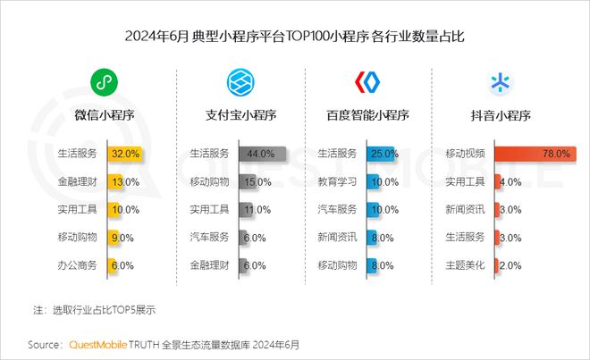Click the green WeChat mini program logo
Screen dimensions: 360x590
(105, 83)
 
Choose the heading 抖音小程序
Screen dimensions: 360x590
(501, 115)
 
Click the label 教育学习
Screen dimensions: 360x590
(337, 181)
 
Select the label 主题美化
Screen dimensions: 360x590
(465, 265)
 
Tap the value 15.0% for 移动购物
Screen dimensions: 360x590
(257, 181)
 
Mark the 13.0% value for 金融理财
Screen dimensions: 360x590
(123, 181)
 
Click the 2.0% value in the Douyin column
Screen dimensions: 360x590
(510, 265)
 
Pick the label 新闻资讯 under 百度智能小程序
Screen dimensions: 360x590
(337, 237)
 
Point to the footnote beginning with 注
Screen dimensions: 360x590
(95, 310)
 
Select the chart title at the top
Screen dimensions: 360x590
(295, 38)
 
